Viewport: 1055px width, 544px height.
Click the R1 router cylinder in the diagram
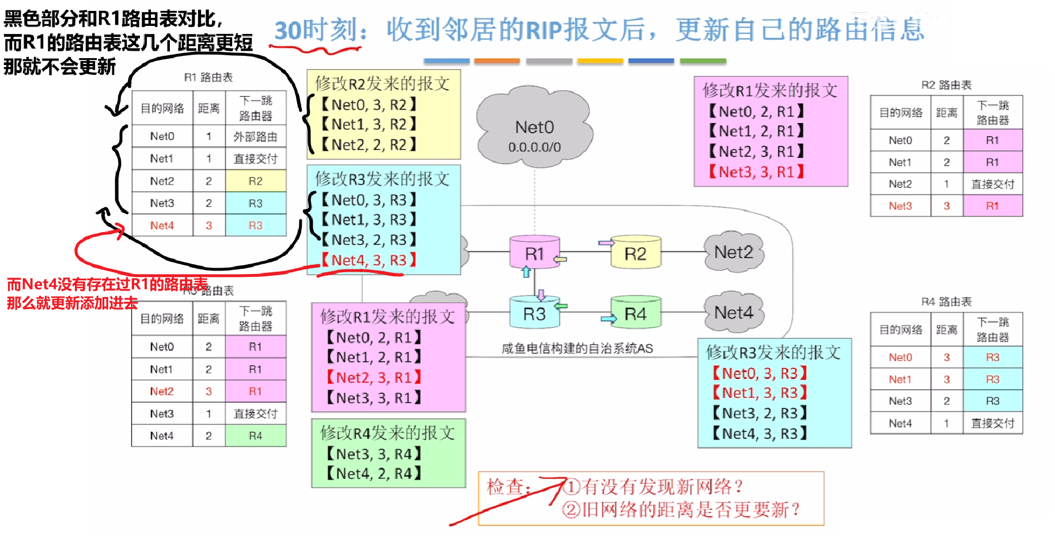[534, 253]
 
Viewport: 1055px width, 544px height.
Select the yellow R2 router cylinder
[635, 253]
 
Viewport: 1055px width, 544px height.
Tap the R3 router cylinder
[534, 314]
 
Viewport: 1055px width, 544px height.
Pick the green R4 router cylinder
[635, 314]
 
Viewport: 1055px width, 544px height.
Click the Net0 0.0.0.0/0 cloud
[534, 129]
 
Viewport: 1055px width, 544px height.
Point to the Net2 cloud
[733, 252]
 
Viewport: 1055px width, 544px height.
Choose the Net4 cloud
[733, 313]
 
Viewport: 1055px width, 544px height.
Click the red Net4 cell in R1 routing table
[162, 226]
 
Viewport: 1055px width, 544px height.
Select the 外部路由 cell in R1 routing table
[255, 136]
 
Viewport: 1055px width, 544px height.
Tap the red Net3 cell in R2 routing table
[900, 206]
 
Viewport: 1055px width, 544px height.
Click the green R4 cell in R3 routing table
[255, 436]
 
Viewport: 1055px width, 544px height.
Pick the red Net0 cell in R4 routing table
[900, 357]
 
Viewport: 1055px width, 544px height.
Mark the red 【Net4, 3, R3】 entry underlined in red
[369, 260]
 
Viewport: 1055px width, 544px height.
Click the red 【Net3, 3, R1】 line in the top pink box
[756, 172]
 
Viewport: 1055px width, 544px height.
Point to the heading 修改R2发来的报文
[382, 84]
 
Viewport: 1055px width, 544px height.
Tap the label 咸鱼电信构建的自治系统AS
[577, 348]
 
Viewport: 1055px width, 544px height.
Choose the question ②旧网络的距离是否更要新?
[681, 509]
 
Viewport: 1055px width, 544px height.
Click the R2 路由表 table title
[946, 85]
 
